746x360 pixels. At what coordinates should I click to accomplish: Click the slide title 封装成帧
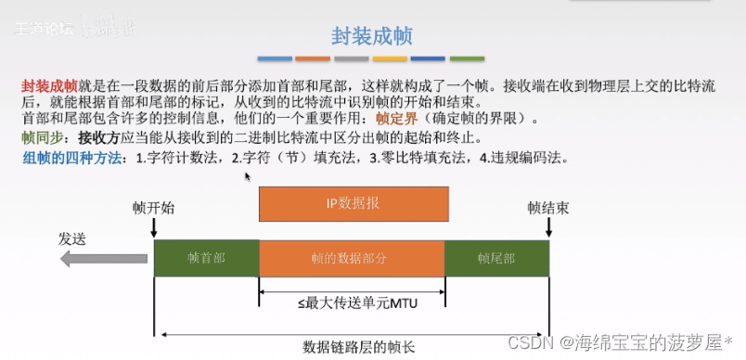pyautogui.click(x=372, y=36)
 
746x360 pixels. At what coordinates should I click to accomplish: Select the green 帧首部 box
pyautogui.click(x=206, y=258)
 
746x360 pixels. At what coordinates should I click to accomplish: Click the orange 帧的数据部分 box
pyautogui.click(x=353, y=258)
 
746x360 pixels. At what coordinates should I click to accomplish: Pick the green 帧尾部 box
pyautogui.click(x=496, y=258)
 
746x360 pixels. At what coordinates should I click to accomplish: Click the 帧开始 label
pyautogui.click(x=153, y=208)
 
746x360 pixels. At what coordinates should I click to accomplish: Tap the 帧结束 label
pyautogui.click(x=547, y=208)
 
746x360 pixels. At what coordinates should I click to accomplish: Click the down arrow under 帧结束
pyautogui.click(x=549, y=229)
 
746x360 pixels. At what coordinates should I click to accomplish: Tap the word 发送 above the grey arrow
pyautogui.click(x=72, y=238)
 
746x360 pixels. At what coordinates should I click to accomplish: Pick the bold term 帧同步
pyautogui.click(x=42, y=137)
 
